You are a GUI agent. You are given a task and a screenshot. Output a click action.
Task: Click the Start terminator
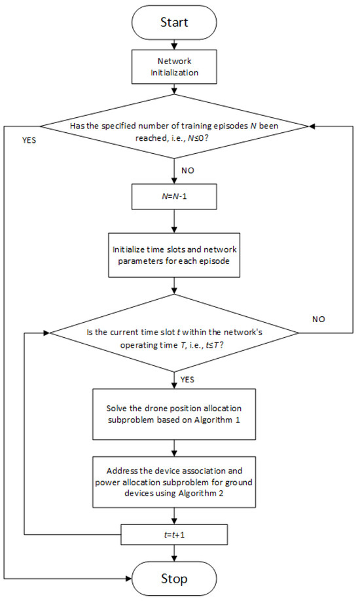(x=173, y=22)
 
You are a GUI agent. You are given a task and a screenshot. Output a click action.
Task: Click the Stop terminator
(x=173, y=579)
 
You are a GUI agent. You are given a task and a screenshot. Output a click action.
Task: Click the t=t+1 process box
(x=173, y=535)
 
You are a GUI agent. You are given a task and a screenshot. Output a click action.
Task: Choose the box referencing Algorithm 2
(x=173, y=483)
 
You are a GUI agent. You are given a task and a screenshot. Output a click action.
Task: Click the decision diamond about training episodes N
(x=173, y=126)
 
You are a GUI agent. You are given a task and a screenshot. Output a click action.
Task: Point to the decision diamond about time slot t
(x=173, y=333)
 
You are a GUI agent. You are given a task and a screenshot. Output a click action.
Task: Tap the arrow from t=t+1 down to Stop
(x=173, y=553)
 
